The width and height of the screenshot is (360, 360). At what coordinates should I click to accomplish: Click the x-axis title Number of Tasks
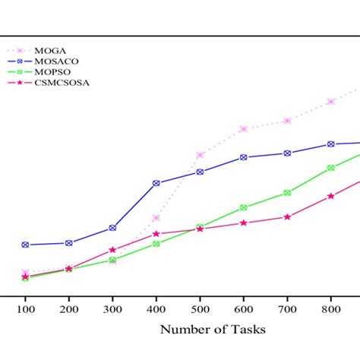[x=213, y=329]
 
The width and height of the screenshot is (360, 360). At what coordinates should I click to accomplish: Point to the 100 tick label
[x=25, y=310]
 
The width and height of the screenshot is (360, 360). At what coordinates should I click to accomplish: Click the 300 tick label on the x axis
[x=112, y=310]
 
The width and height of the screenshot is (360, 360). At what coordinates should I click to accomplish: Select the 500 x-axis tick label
[x=200, y=310]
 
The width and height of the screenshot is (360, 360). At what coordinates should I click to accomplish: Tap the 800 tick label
[x=331, y=310]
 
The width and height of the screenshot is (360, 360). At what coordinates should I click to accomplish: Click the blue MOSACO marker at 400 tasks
[x=156, y=183]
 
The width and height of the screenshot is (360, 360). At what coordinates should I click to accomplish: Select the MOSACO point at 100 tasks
[x=25, y=245]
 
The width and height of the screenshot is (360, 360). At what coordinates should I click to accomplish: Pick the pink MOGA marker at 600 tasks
[x=244, y=129]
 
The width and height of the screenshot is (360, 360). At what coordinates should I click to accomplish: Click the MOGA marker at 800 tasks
[x=331, y=101]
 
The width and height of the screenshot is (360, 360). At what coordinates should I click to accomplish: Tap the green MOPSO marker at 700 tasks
[x=287, y=193]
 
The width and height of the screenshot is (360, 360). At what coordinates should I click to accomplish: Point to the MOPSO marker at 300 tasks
[x=112, y=260]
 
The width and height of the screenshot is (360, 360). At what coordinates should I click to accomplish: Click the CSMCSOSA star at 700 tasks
[x=287, y=217]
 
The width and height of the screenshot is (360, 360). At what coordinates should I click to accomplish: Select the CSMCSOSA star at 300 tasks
[x=112, y=250]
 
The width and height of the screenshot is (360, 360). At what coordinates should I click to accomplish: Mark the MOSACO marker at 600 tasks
[x=244, y=157]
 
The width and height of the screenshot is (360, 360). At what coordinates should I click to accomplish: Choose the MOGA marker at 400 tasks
[x=156, y=219]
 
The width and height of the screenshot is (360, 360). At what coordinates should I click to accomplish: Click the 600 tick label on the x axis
[x=244, y=310]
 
